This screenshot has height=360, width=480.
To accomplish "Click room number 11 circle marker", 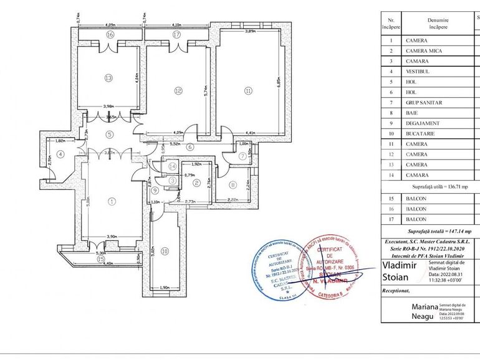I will coord(248,91).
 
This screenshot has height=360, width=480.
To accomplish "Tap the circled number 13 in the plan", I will coord(108,78).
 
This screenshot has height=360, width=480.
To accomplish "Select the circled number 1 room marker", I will coord(112,201).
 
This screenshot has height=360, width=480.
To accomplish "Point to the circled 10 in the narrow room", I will coord(165,251).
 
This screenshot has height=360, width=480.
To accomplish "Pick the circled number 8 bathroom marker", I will coord(232,184).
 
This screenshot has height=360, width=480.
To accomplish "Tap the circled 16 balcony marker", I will coord(110,35).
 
